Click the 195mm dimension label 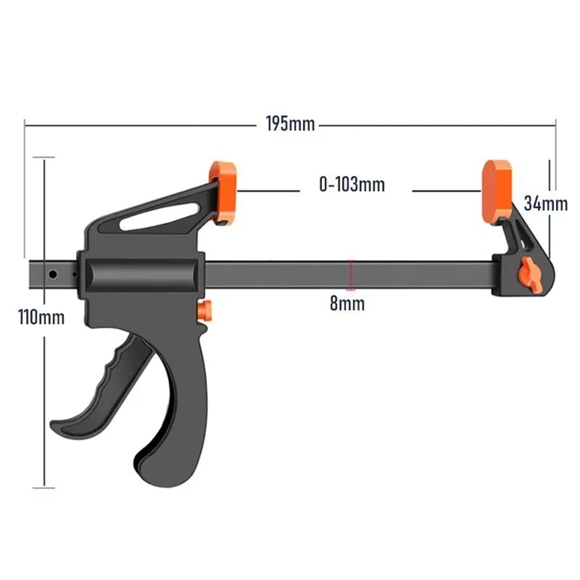(290, 124)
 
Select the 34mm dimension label (545, 204)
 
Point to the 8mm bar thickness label (347, 303)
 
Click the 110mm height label (41, 317)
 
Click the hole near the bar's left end (53, 274)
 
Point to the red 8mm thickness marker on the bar (350, 275)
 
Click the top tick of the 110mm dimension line (44, 157)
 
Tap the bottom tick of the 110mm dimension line (44, 488)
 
